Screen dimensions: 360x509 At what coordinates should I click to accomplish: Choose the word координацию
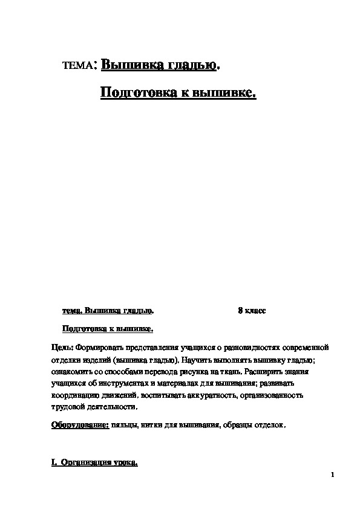coord(76,395)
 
